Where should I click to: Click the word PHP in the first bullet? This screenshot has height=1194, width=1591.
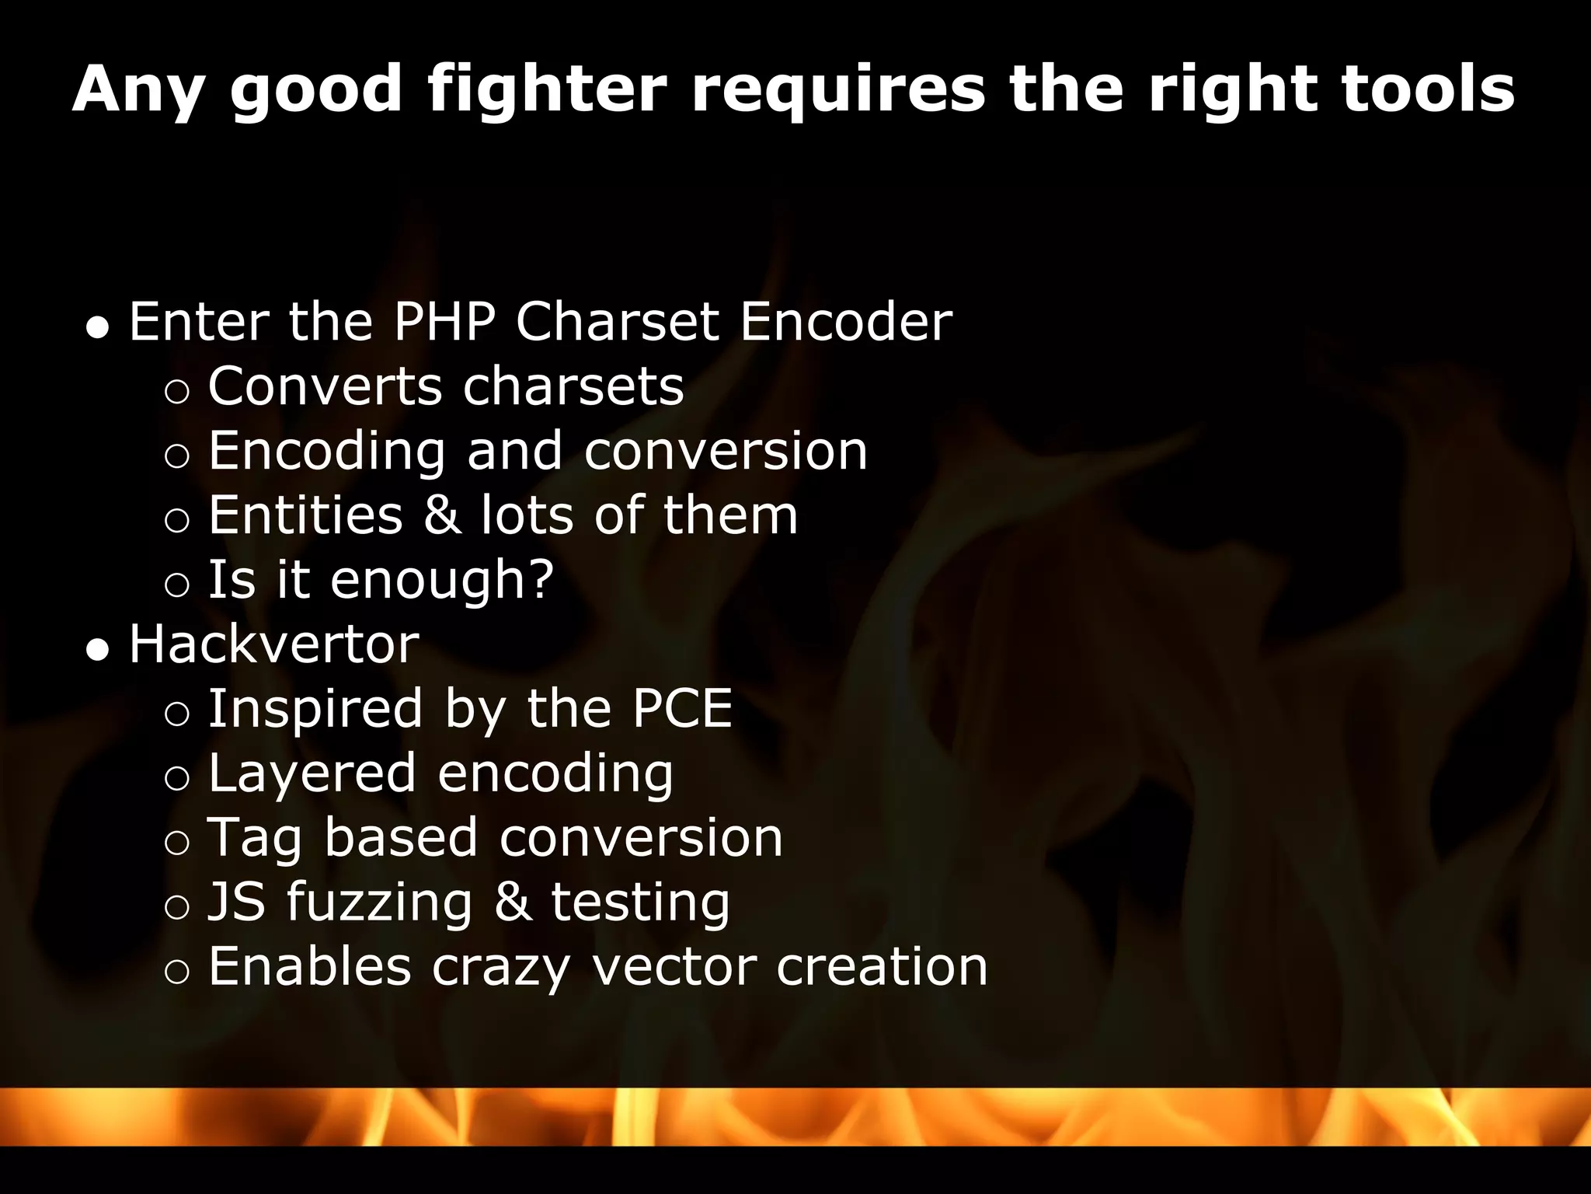(x=444, y=321)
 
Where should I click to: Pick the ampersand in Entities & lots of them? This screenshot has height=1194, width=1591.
(x=441, y=515)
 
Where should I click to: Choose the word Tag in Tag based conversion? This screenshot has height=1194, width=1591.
(x=255, y=838)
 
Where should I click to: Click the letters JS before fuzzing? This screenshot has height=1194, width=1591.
(x=236, y=902)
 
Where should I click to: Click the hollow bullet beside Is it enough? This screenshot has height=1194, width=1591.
(x=177, y=585)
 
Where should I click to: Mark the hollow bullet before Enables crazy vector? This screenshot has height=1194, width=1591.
(x=177, y=972)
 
